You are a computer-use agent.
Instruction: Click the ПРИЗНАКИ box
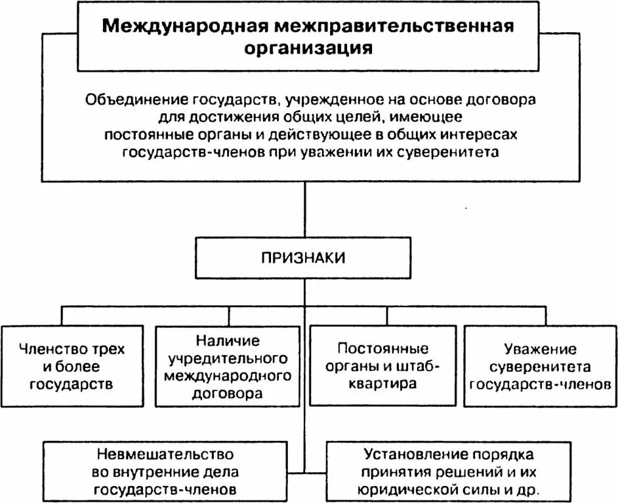click(304, 257)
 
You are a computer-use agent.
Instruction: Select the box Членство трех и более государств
click(73, 365)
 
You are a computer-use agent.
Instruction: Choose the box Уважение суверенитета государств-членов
click(540, 365)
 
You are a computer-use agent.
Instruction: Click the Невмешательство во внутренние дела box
click(164, 472)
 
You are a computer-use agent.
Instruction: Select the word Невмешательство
click(165, 453)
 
